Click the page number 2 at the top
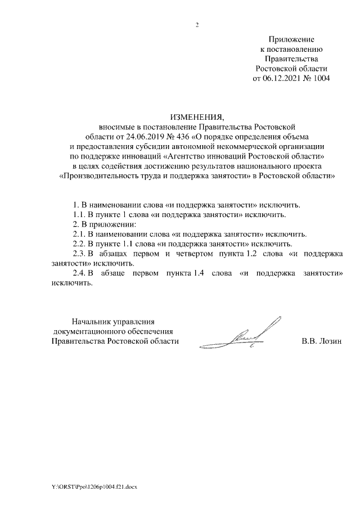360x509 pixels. [197, 25]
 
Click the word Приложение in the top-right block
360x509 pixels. [291, 39]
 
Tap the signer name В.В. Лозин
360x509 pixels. [321, 341]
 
